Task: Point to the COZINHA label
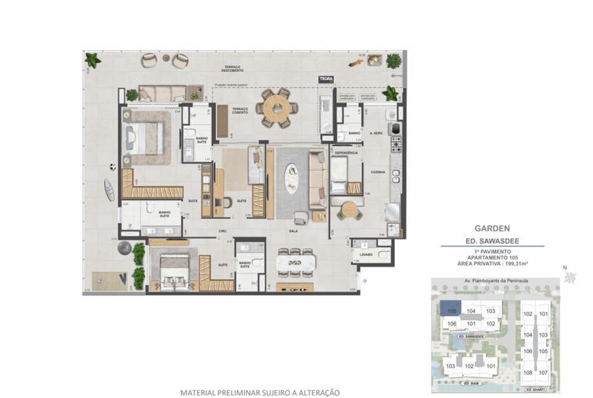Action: point(370,171)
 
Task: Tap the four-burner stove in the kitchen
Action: point(396,145)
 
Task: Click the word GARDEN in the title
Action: point(492,228)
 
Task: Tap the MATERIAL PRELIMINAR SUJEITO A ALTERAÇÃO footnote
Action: point(260,392)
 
